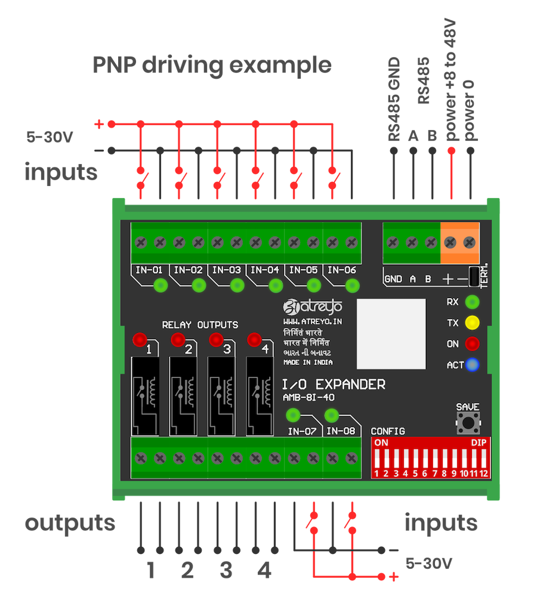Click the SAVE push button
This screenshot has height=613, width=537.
pyautogui.click(x=468, y=425)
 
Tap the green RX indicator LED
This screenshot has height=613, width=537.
pyautogui.click(x=472, y=302)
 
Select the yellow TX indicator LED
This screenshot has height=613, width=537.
pyautogui.click(x=472, y=323)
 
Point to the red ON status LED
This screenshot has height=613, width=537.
pyautogui.click(x=472, y=344)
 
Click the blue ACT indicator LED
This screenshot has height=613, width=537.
pyautogui.click(x=472, y=365)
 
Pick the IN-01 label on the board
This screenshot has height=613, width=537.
pyautogui.click(x=149, y=270)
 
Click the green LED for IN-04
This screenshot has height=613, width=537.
pyautogui.click(x=276, y=286)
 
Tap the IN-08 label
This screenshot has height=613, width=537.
pyautogui.click(x=341, y=431)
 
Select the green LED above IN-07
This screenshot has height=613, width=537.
pyautogui.click(x=292, y=415)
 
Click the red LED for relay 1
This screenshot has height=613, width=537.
pyautogui.click(x=140, y=340)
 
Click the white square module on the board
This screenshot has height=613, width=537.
pyautogui.click(x=391, y=334)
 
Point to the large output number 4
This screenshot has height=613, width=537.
pyautogui.click(x=264, y=571)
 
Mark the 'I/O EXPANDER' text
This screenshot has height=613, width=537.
pyautogui.click(x=334, y=385)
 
